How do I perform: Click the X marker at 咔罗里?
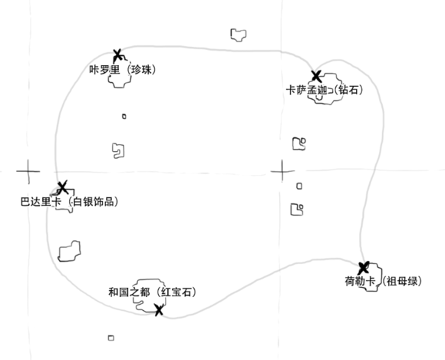[x=117, y=54]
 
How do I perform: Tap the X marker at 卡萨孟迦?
[x=316, y=76]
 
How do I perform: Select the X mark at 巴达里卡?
[x=63, y=187]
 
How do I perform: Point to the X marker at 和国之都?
[x=159, y=310]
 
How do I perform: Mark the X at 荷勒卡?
[x=364, y=268]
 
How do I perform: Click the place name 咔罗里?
[x=104, y=70]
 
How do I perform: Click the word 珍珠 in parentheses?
[x=142, y=70]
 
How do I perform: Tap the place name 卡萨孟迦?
[x=306, y=91]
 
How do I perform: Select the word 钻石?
[x=348, y=90]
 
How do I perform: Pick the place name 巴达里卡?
[x=41, y=202]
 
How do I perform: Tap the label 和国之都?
[x=129, y=292]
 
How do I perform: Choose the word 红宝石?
[x=176, y=292]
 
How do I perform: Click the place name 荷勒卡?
[x=360, y=282]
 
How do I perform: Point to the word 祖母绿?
[x=402, y=282]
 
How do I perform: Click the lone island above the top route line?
[x=239, y=35]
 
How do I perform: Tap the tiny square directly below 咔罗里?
[x=124, y=117]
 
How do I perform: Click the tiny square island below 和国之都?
[x=111, y=338]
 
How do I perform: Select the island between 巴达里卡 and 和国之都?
[x=69, y=251]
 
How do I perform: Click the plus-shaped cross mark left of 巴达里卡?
[x=28, y=171]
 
